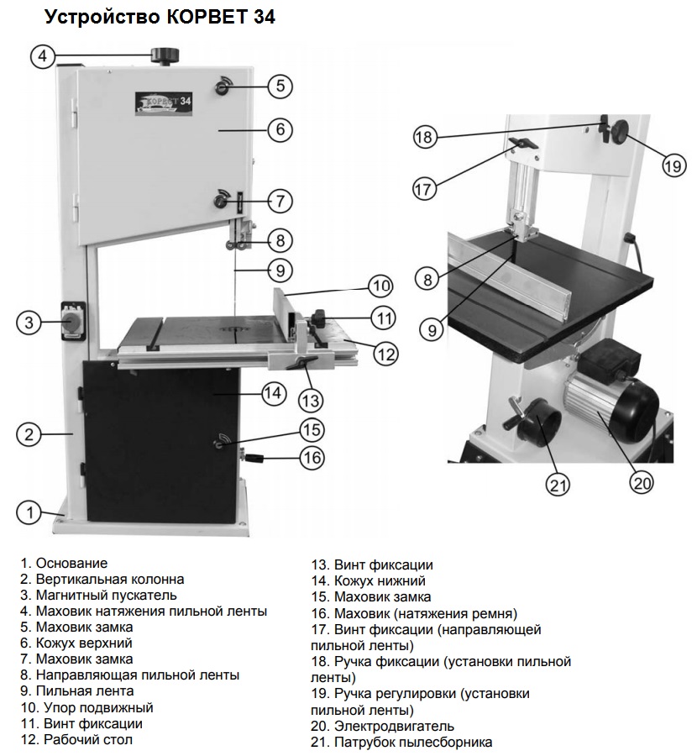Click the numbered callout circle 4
(x=42, y=56)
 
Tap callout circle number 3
(x=29, y=323)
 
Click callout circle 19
(x=673, y=166)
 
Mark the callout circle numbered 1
(x=29, y=511)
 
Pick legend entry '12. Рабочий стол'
(x=76, y=739)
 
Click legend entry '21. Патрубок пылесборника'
(x=401, y=742)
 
